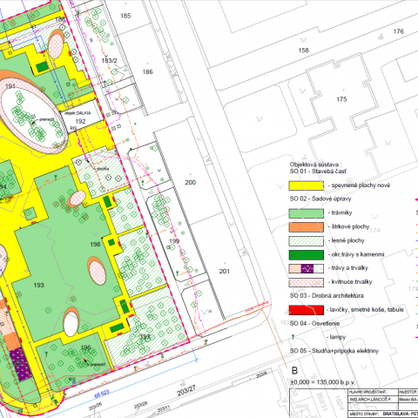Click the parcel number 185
coord(125,17)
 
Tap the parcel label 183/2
coord(109,60)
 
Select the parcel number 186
coord(148,72)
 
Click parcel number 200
coord(190,182)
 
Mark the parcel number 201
coord(225,273)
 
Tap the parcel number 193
coord(37,285)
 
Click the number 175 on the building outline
coord(340,100)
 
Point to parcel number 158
coord(304,51)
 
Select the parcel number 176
coord(399,31)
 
